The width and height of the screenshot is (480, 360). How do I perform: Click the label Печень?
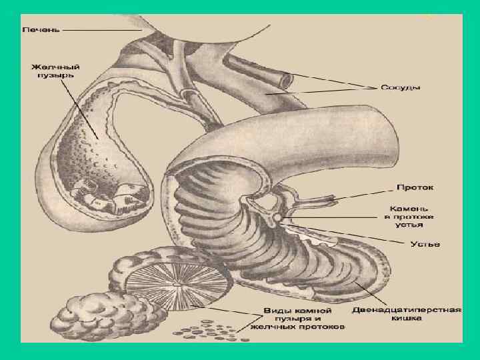tap(41, 30)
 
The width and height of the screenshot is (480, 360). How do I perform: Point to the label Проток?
tap(414, 187)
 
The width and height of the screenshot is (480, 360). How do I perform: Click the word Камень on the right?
tap(409, 208)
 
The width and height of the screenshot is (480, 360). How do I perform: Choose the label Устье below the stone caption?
tap(425, 244)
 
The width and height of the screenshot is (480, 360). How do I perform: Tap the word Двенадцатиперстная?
tap(407, 310)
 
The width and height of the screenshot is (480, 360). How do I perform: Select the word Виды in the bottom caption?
tap(275, 310)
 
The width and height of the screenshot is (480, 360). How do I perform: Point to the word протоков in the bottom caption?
tap(323, 327)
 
